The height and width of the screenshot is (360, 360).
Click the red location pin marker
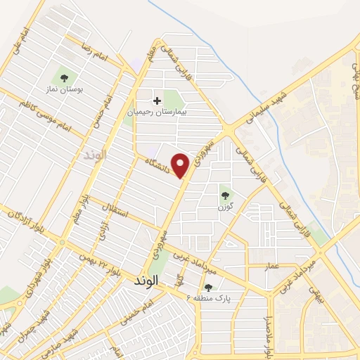click(181, 165)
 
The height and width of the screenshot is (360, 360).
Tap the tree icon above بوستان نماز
click(64, 77)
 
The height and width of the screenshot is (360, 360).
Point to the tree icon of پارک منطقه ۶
click(208, 287)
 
